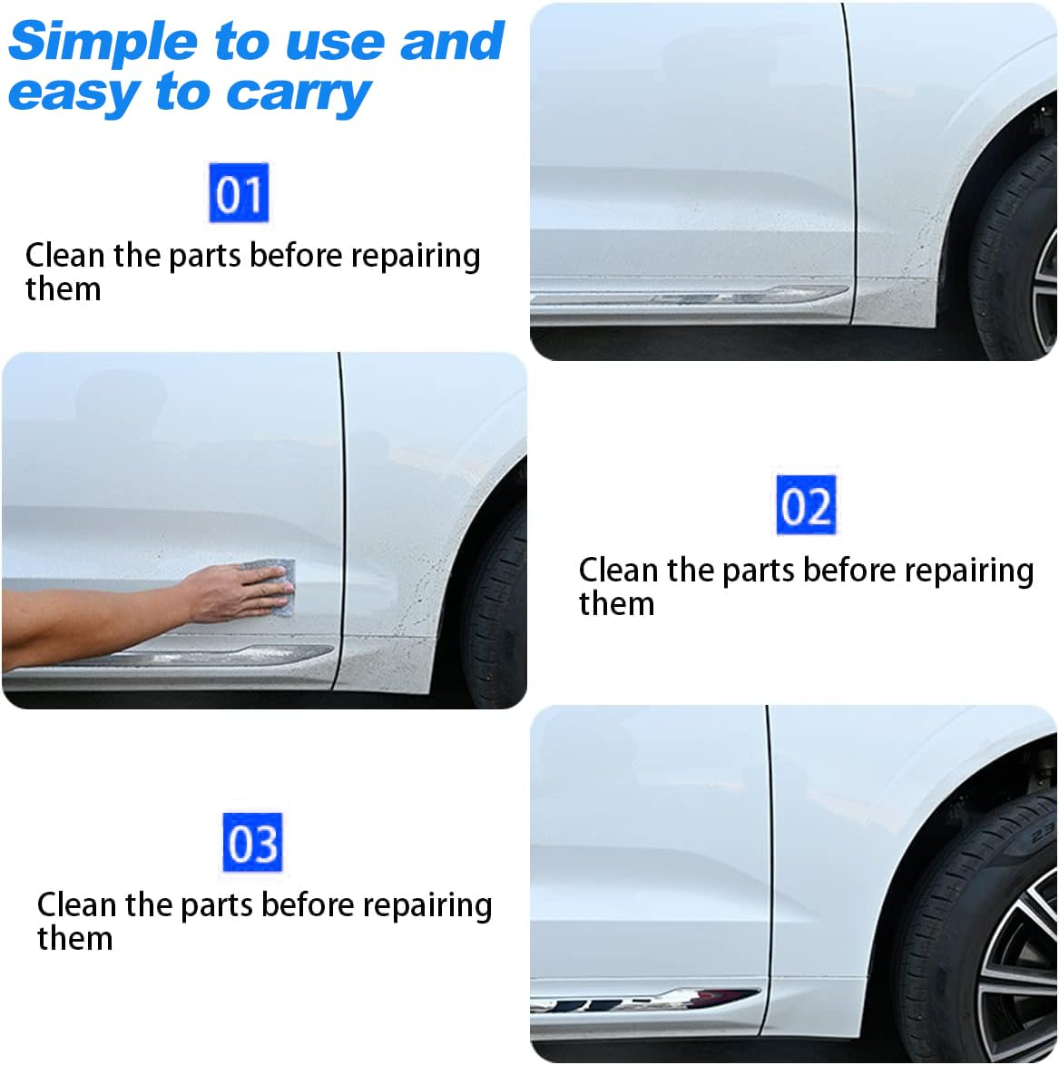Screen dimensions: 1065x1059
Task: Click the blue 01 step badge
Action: [x=239, y=193]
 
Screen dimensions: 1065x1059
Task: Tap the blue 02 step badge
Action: [x=806, y=505]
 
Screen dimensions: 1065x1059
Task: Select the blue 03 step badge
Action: [x=252, y=843]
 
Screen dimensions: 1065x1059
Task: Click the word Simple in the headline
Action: [x=103, y=42]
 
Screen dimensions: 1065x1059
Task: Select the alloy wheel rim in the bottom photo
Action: [x=1021, y=971]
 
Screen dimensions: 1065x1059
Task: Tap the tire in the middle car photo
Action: [x=495, y=617]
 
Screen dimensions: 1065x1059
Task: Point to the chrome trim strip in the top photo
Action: [x=690, y=295]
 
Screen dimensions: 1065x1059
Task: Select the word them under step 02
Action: [x=616, y=603]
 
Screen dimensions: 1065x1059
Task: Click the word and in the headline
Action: [x=452, y=42]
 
